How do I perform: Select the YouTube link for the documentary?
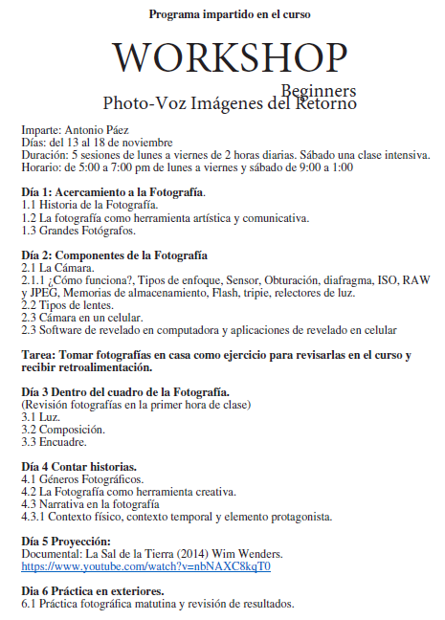[146, 566]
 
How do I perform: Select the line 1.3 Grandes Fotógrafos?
[78, 230]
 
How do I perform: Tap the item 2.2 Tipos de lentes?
[68, 305]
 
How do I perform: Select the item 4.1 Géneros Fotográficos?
[82, 479]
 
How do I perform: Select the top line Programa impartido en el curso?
[230, 15]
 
